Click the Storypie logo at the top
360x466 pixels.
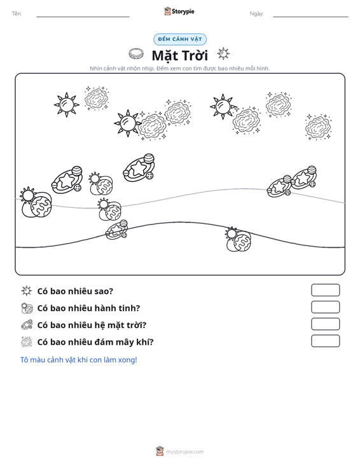[179, 11]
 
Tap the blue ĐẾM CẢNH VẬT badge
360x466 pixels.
[180, 39]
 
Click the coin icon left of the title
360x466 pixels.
[136, 54]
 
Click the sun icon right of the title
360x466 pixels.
[223, 54]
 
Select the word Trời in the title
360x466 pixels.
[194, 55]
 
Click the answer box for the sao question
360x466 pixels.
[325, 290]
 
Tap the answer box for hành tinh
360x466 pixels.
[325, 307]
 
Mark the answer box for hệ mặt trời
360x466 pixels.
[325, 324]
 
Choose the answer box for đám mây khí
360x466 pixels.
[325, 341]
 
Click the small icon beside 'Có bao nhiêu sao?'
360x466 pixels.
[27, 291]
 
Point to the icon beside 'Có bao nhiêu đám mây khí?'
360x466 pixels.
[27, 342]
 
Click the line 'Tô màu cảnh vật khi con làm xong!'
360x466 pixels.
[78, 360]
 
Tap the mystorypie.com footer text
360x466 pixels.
[185, 452]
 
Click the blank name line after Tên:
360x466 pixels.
[83, 17]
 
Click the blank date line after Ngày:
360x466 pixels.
[310, 17]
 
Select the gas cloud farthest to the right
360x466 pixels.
[318, 127]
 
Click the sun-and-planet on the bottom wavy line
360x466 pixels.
[238, 239]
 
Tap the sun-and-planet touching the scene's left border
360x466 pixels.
[36, 202]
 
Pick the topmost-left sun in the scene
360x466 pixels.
[67, 105]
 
